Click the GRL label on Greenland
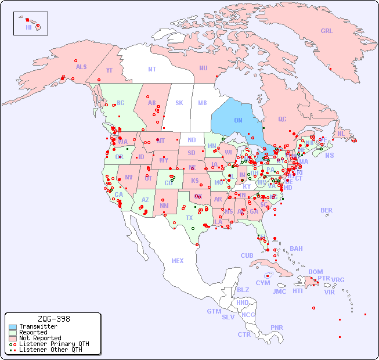point(327,31)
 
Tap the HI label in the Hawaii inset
point(28,27)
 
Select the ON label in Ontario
point(238,121)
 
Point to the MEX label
point(178,261)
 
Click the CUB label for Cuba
point(247,256)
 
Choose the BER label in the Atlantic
point(327,211)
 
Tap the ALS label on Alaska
point(81,67)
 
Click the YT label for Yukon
point(109,70)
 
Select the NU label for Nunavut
point(203,69)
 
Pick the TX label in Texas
point(189,218)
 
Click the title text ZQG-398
point(53,319)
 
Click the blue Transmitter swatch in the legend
point(13,327)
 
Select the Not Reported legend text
point(40,338)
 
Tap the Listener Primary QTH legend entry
point(50,344)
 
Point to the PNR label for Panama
point(277,328)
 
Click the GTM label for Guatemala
point(214,312)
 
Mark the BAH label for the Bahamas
point(296,249)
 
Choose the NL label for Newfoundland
point(341,134)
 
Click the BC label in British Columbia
point(121,103)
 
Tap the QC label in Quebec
point(282,120)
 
